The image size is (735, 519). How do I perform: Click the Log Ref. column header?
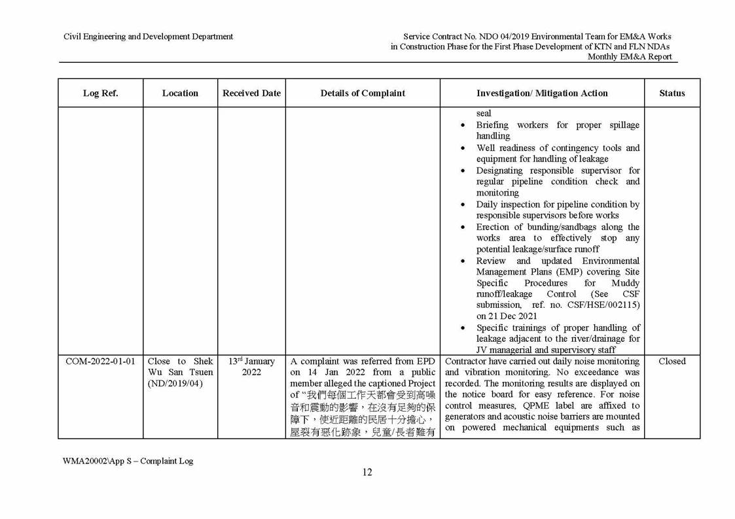pos(100,93)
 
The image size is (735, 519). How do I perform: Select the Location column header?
pos(180,93)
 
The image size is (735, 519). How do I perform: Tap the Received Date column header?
pos(251,93)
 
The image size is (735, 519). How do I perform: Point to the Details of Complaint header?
pos(363,93)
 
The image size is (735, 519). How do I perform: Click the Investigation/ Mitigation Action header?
pos(542,93)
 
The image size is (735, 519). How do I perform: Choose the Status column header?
pos(672,93)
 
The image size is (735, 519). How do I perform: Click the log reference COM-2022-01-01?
pos(100,361)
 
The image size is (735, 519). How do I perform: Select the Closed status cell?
pos(672,361)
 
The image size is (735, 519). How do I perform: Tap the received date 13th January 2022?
pos(251,367)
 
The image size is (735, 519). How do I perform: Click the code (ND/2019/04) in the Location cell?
pos(175,384)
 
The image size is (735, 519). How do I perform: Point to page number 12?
pos(367,473)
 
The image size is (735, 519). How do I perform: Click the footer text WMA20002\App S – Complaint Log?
pos(128,461)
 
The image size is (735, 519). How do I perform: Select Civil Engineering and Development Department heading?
pos(148,37)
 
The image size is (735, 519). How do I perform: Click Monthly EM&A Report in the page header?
pos(629,57)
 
